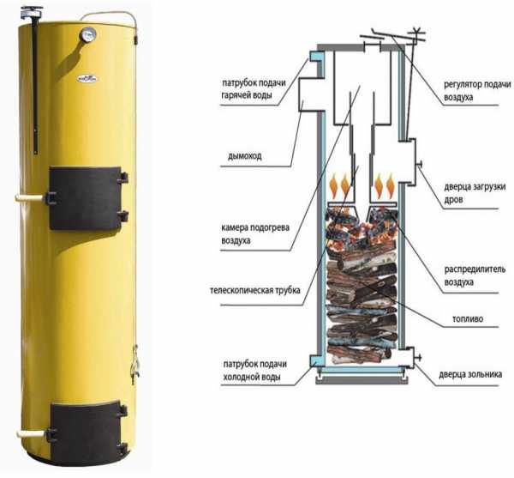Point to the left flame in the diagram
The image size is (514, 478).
[341, 185]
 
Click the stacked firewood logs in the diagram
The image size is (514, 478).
[362, 309]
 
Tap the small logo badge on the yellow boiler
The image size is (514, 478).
[87, 76]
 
